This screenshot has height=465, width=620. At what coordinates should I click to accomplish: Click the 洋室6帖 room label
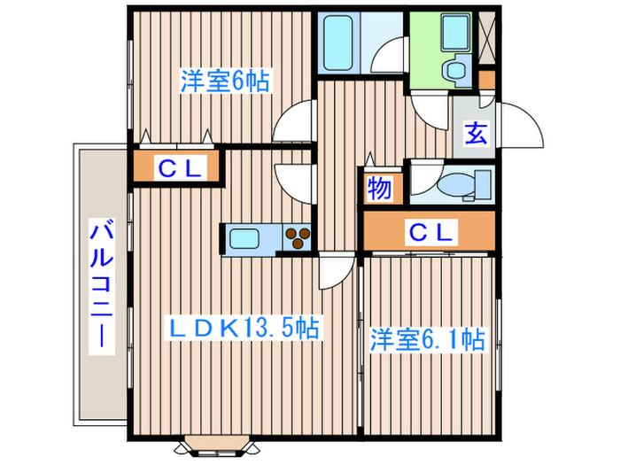click(x=225, y=81)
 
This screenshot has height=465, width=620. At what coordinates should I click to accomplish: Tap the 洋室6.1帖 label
click(x=427, y=340)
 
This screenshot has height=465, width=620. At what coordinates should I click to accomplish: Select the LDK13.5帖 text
click(x=244, y=329)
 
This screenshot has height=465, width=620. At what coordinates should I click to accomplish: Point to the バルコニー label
click(x=100, y=285)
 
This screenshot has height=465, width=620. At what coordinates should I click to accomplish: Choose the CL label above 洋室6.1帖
click(x=430, y=233)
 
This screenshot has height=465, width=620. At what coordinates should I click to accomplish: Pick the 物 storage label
click(x=380, y=189)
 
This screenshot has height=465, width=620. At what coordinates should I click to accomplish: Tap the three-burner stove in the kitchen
click(x=297, y=236)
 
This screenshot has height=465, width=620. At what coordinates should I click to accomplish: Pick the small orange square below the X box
click(x=487, y=80)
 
